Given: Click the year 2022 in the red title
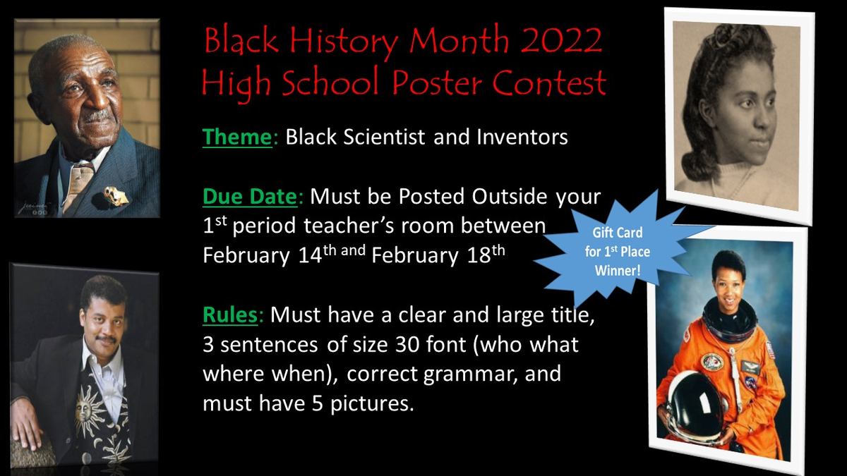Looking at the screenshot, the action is (x=563, y=40).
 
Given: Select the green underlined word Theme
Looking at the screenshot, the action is (x=237, y=137).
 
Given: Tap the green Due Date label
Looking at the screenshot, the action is (x=250, y=197).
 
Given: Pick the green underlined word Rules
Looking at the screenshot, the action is (x=230, y=315).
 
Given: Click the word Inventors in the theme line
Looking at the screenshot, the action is (x=522, y=137).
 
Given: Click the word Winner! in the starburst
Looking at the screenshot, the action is (x=618, y=271).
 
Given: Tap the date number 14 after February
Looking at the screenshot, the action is (x=310, y=255).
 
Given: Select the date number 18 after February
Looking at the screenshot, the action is (x=479, y=255).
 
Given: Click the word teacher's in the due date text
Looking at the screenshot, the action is (x=348, y=226).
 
